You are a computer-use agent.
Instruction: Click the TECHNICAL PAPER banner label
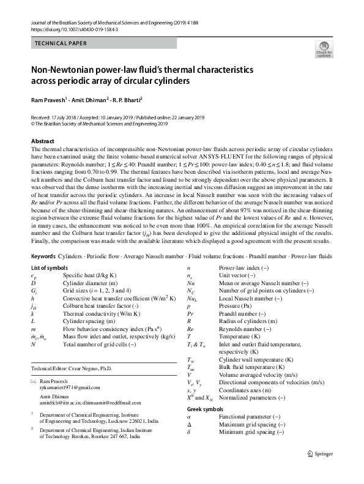[61, 43]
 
